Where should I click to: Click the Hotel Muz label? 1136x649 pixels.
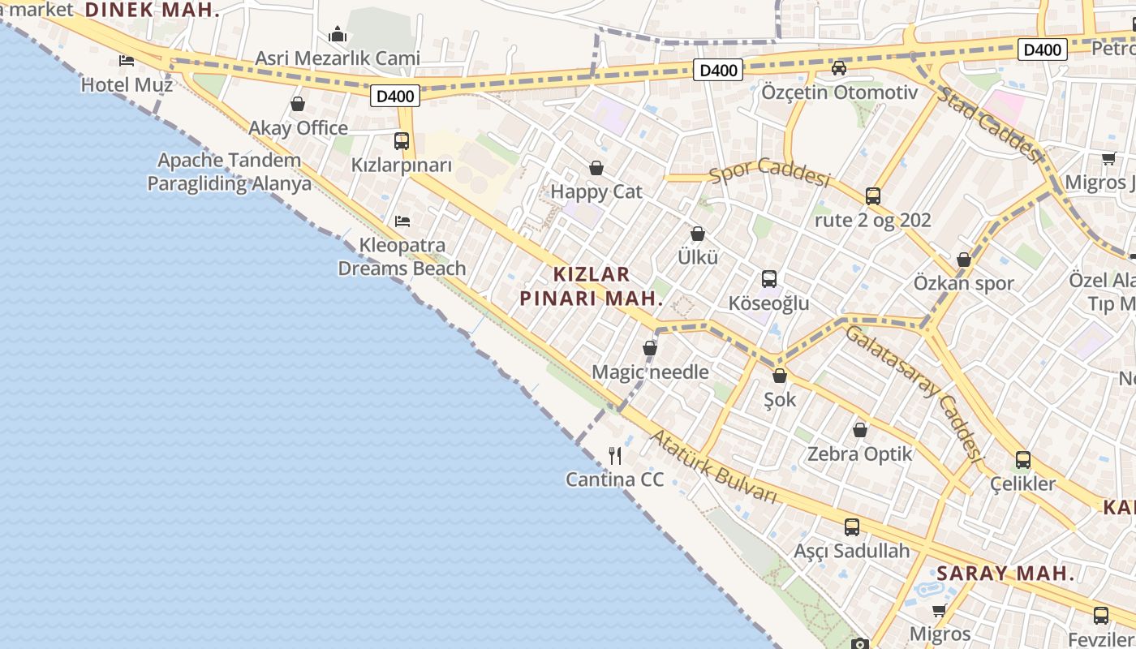[x=127, y=84]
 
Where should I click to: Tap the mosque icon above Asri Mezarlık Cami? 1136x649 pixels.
[x=338, y=34]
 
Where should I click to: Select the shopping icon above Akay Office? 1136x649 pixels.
[x=298, y=104]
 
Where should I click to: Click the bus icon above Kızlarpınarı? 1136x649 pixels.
[x=402, y=141]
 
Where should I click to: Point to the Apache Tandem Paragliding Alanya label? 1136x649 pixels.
[x=229, y=172]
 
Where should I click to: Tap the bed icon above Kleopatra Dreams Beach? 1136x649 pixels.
[x=402, y=221]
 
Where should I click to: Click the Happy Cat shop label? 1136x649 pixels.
[x=596, y=192]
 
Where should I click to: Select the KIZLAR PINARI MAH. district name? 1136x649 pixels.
[x=592, y=286]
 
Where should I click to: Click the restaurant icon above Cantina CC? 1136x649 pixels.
[x=615, y=456]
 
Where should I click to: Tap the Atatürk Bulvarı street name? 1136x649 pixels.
[x=714, y=466]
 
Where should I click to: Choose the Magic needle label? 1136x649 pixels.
[x=650, y=372]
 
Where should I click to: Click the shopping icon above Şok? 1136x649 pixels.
[x=780, y=376]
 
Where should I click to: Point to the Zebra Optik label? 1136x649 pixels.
[x=859, y=454]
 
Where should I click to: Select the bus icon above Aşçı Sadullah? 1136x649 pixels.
[x=852, y=527]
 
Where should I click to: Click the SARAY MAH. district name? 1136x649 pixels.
[x=1005, y=574]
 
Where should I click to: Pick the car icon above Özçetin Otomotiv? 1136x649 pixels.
[x=839, y=68]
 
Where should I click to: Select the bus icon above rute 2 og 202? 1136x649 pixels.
[x=873, y=196]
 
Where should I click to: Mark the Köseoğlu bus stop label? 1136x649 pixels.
[x=768, y=304]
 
